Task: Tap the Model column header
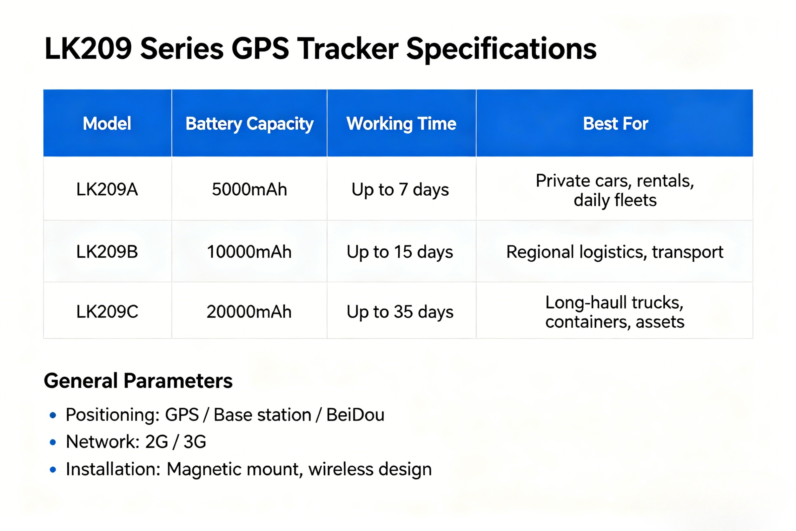pyautogui.click(x=107, y=123)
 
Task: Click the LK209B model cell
pyautogui.click(x=107, y=252)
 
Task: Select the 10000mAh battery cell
pyautogui.click(x=249, y=252)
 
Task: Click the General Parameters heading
pyautogui.click(x=138, y=381)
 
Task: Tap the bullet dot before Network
pyautogui.click(x=53, y=442)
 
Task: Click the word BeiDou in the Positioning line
pyautogui.click(x=355, y=415)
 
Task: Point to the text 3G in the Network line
pyautogui.click(x=195, y=442)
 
